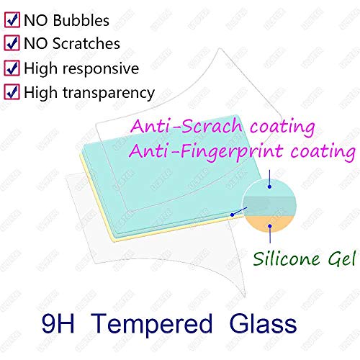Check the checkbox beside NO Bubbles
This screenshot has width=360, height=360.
point(12,20)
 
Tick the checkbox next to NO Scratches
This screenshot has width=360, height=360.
point(12,43)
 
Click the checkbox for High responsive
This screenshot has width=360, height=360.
point(12,68)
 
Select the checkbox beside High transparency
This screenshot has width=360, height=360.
point(12,91)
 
